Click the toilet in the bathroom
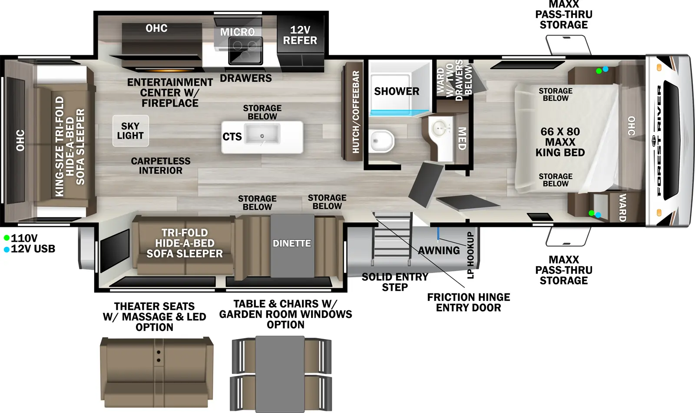pos(382,141)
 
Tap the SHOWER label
pos(397,91)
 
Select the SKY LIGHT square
pos(131,131)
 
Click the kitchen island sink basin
pos(262,134)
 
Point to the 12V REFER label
pos(300,35)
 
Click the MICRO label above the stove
pos(238,32)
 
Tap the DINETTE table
pos(292,245)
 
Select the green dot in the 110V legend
pos(7,238)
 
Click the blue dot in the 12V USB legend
pos(7,250)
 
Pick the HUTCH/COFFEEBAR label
pos(356,112)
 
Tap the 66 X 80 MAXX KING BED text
pos(560,142)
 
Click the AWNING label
pos(439,250)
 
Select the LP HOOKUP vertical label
pos(470,255)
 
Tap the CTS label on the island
pos(232,137)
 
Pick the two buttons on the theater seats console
pos(159,356)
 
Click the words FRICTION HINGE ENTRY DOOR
pos(469,303)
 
